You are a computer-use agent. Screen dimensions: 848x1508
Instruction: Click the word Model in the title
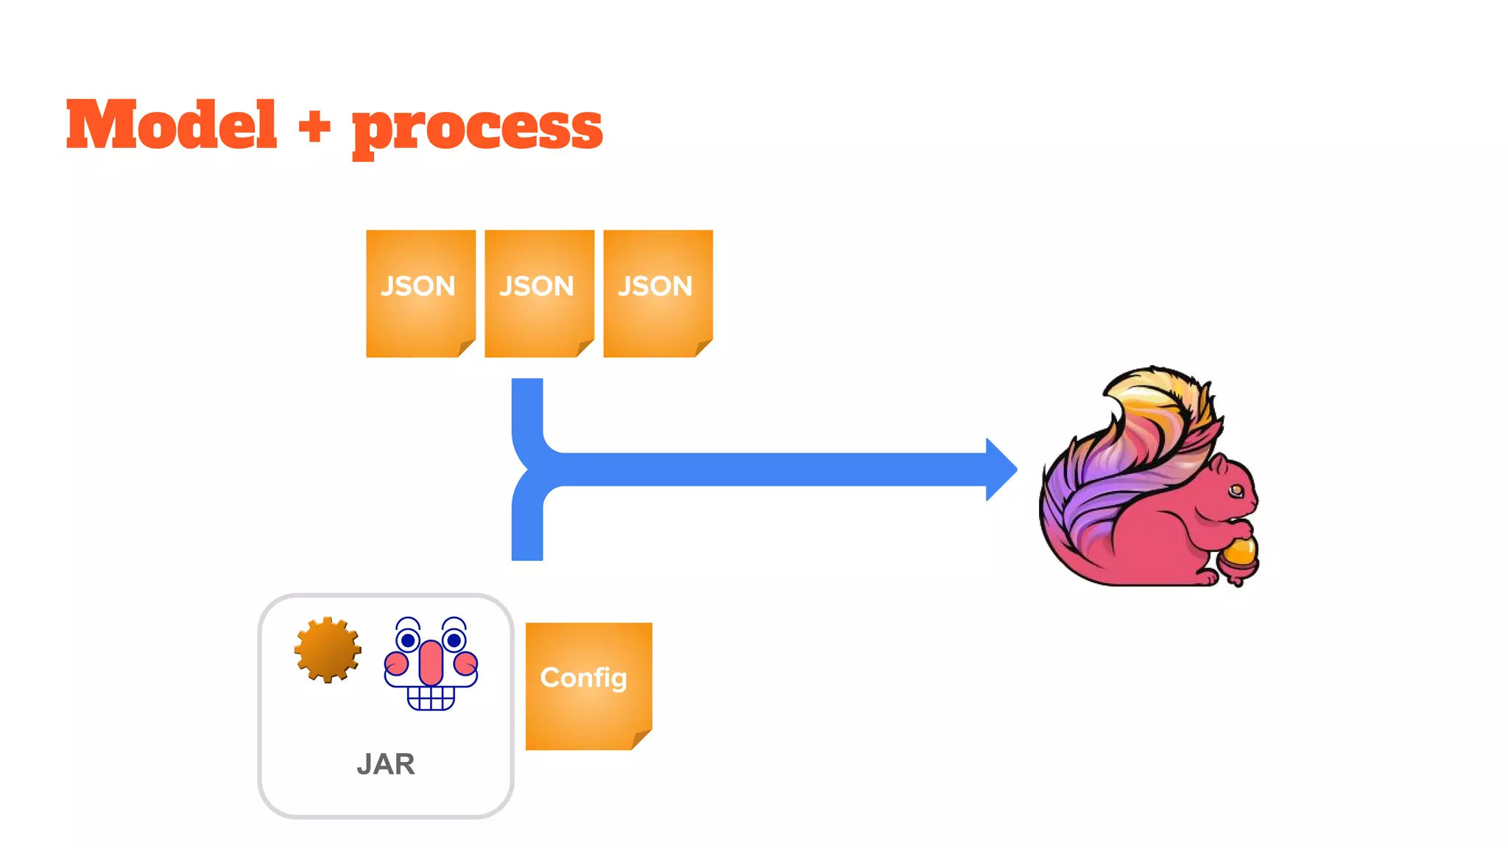tap(172, 125)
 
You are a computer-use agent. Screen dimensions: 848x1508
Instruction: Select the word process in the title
tap(477, 128)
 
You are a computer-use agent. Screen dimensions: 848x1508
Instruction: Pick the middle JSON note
tap(538, 293)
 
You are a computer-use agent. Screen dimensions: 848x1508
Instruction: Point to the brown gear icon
tap(328, 649)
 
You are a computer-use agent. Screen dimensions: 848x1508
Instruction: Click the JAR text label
tap(386, 764)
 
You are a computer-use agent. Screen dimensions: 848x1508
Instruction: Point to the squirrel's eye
tap(1236, 490)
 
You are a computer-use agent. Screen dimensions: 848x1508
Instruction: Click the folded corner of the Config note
tap(641, 740)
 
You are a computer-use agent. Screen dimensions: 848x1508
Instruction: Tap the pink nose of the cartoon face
tap(431, 662)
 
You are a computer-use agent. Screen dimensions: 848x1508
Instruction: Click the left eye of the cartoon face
tap(408, 640)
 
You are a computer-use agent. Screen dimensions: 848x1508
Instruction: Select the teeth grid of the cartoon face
tap(431, 697)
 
